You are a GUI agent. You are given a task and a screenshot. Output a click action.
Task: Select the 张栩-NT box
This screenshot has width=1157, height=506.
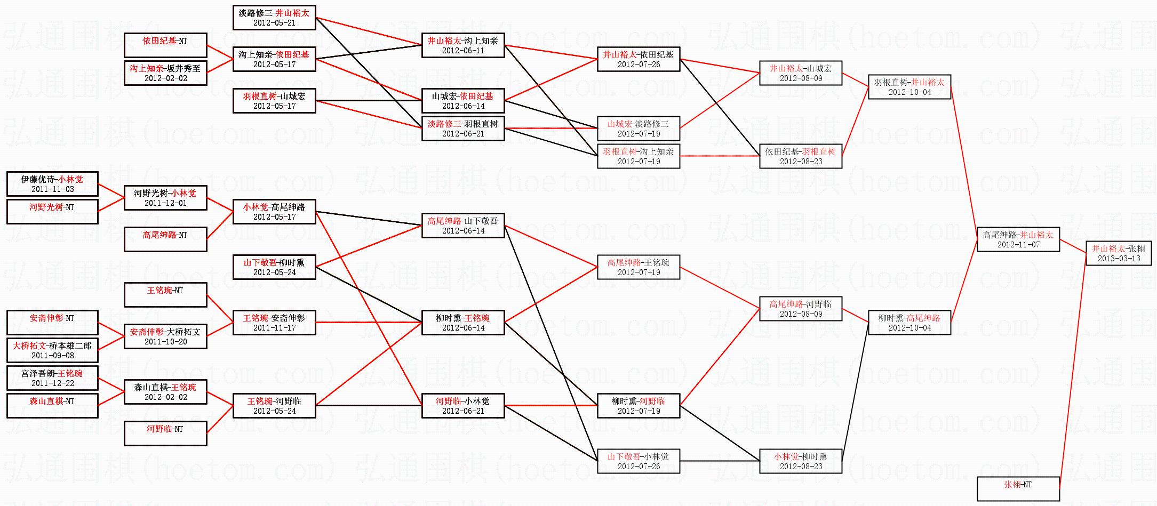[x=1018, y=488]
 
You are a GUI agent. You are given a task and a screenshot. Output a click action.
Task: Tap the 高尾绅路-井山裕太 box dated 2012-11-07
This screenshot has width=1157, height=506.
[x=1018, y=239]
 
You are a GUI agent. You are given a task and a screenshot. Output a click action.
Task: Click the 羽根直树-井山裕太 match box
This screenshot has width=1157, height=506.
[x=909, y=87]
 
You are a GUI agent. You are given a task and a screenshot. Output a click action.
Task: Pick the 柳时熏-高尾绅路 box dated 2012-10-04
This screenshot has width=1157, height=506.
[x=909, y=323]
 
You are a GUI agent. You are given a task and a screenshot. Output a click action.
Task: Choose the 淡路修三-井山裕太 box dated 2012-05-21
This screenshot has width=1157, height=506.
[x=274, y=18]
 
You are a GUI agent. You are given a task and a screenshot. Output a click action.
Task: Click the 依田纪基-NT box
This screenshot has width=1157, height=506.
[x=165, y=45]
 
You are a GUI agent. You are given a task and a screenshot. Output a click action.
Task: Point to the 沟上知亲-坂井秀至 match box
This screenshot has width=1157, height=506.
[x=165, y=73]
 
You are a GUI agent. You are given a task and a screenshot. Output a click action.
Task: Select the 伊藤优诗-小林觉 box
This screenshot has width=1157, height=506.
[x=52, y=184]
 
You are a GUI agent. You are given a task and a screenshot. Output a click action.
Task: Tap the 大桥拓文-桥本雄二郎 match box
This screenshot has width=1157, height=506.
[x=52, y=350]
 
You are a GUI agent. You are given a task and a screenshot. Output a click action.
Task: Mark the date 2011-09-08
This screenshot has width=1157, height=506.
[x=52, y=356]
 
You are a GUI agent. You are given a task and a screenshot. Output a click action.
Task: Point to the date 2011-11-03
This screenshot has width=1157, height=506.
[x=52, y=189]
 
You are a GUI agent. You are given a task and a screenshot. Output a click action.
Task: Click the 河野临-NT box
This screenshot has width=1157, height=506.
[x=165, y=433]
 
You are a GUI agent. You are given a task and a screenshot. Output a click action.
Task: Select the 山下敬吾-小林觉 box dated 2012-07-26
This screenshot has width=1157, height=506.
[x=638, y=461]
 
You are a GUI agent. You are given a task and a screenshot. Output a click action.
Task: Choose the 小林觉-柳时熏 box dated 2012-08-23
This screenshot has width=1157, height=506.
[x=800, y=461]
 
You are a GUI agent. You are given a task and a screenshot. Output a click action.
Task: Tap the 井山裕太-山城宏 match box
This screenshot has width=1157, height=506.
[x=800, y=73]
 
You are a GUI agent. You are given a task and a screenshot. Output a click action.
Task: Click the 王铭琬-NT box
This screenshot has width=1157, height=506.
[x=165, y=295]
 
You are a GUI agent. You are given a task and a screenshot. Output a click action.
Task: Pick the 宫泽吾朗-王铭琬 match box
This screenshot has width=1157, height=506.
[x=52, y=378]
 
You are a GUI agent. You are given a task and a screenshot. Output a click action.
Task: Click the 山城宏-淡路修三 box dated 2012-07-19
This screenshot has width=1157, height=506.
[x=638, y=128]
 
